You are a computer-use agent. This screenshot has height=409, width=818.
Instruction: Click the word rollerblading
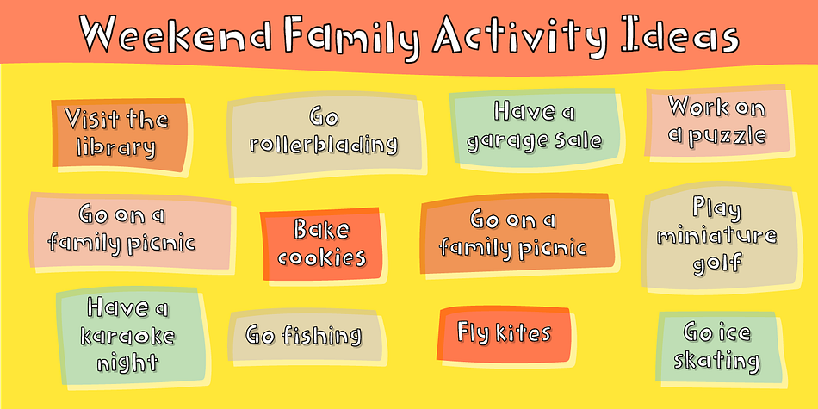324,144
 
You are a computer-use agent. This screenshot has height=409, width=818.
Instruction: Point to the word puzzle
735,136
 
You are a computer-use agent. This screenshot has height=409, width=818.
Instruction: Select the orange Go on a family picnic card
517,235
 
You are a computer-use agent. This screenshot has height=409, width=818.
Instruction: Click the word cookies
321,257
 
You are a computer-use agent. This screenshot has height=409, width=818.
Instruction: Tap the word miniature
716,236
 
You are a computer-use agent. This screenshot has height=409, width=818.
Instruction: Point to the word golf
716,263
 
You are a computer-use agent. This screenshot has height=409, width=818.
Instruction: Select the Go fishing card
305,336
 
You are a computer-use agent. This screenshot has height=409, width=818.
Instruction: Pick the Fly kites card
504,334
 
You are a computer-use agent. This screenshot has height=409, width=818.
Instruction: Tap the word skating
716,361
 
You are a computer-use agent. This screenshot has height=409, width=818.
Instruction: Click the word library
116,147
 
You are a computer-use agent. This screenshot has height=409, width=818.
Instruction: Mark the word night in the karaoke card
127,361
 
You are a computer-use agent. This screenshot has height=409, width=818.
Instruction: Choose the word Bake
321,230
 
